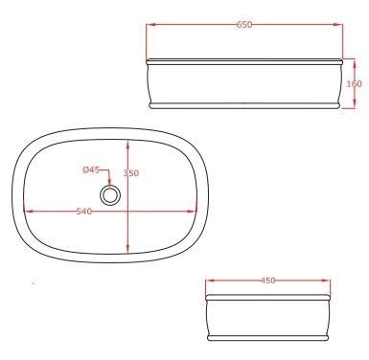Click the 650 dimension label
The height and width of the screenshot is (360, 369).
(x=244, y=25)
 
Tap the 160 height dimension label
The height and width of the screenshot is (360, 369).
(x=355, y=84)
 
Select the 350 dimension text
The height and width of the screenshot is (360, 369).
(x=131, y=173)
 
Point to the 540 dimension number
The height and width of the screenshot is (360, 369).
(x=84, y=212)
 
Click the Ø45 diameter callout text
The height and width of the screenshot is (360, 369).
(x=91, y=170)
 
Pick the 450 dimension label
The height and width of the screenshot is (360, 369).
(x=267, y=281)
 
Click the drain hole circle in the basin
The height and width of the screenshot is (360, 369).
(x=110, y=195)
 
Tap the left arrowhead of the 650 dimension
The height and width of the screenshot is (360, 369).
(x=151, y=25)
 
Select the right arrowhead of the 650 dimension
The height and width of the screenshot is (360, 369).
(x=337, y=25)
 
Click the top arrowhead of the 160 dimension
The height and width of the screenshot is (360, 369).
(x=355, y=64)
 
